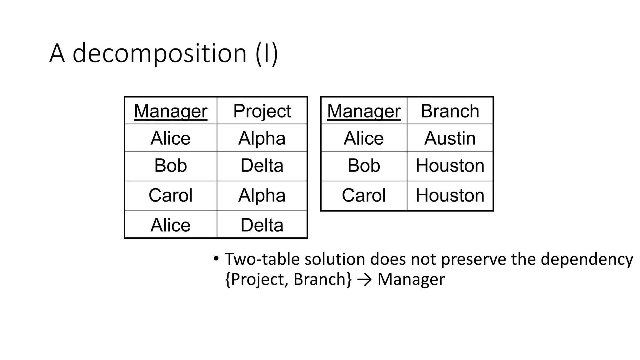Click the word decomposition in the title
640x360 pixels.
[160, 53]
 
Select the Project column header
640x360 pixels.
[262, 111]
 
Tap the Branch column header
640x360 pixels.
[450, 111]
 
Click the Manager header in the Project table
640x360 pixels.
[171, 111]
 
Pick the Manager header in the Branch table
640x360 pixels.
[364, 111]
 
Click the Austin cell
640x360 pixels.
[450, 138]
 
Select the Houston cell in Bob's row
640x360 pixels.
[450, 166]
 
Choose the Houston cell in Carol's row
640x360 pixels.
[450, 195]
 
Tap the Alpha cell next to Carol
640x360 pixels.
[262, 195]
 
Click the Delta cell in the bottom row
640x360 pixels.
[262, 225]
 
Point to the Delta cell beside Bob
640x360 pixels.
[262, 166]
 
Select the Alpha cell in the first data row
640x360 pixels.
[262, 138]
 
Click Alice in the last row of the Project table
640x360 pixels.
[171, 225]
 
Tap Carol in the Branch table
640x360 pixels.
[364, 195]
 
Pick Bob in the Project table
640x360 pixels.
[171, 166]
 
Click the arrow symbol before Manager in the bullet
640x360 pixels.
[364, 279]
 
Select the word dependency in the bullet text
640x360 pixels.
[587, 259]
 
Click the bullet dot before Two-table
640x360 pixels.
[216, 259]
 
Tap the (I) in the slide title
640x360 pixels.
[267, 53]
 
